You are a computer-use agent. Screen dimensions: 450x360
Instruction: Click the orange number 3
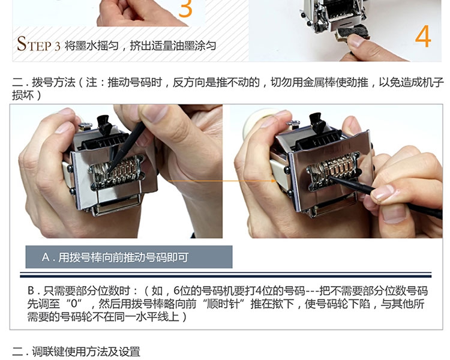point(185,8)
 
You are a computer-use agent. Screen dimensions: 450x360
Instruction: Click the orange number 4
point(423,36)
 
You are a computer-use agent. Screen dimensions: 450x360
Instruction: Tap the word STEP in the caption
point(34,44)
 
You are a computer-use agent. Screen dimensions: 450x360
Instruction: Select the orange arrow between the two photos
point(222,181)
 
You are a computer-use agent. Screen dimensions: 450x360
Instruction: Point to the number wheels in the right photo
point(333,170)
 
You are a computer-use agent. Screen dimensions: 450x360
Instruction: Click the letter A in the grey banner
point(46,257)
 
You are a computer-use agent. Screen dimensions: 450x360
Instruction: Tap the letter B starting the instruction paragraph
point(31,291)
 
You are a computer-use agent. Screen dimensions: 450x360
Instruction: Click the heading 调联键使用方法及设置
point(86,352)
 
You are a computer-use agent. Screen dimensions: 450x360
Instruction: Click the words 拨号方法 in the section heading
point(53,82)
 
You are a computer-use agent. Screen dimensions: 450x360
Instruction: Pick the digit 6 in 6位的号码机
point(176,291)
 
